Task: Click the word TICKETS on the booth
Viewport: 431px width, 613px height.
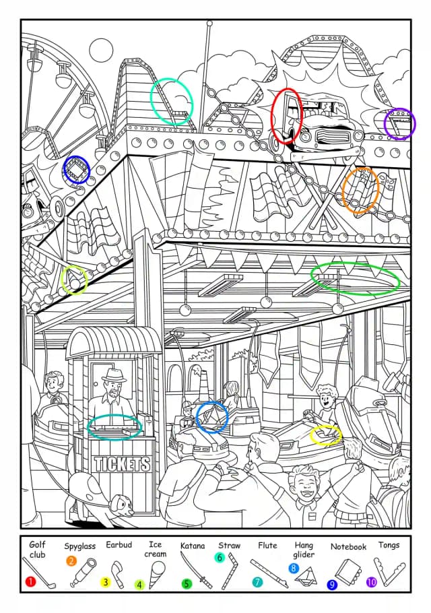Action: click(122, 464)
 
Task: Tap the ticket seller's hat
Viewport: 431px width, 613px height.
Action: click(114, 376)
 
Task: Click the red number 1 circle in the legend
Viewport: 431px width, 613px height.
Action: click(30, 581)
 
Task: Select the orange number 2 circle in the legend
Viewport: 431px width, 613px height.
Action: click(71, 561)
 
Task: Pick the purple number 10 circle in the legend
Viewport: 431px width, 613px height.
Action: click(371, 582)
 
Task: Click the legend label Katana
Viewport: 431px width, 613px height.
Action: click(192, 546)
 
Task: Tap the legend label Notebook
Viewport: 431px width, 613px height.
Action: click(348, 546)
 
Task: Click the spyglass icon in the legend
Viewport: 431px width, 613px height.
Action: click(84, 573)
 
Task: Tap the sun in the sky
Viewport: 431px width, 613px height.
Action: click(101, 50)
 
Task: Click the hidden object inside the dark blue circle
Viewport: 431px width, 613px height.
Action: click(77, 170)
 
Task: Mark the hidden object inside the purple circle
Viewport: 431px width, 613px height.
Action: click(400, 123)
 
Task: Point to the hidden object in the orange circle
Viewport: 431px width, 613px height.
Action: click(361, 190)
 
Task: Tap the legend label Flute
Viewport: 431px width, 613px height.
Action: click(267, 545)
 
